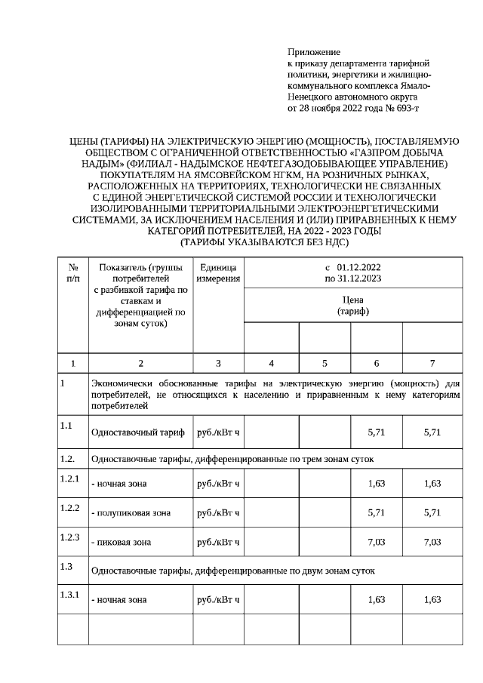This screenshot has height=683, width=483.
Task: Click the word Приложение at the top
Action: click(x=314, y=52)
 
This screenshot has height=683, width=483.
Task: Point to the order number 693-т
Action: click(x=404, y=109)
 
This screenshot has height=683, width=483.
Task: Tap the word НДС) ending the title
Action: click(x=334, y=242)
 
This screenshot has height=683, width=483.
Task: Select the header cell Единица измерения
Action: click(x=218, y=273)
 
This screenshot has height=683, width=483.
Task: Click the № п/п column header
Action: click(x=73, y=273)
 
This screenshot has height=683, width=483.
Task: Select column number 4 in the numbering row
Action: click(x=272, y=363)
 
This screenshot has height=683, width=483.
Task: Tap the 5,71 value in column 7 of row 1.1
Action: click(x=432, y=432)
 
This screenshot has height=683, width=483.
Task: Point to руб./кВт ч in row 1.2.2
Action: click(x=218, y=513)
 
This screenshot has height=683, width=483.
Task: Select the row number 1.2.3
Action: click(x=69, y=537)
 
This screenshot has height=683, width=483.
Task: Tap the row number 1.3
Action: click(x=67, y=566)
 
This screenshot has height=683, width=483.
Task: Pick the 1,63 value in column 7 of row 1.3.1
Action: click(x=432, y=600)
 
